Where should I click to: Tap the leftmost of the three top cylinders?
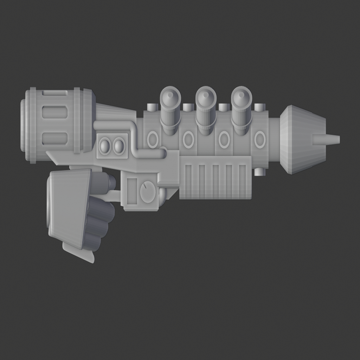tap(171, 109)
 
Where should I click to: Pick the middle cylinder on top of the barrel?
tap(206, 109)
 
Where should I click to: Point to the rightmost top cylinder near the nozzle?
tap(242, 109)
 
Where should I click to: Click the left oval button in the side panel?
tap(105, 146)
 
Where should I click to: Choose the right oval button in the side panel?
tap(119, 146)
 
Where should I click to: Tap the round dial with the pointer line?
tap(148, 192)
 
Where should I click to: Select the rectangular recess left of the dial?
tap(132, 191)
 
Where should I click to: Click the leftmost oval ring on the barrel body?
tap(153, 140)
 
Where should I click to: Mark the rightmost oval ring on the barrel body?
tap(259, 140)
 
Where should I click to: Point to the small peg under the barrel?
tap(259, 172)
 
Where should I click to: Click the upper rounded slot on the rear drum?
tap(54, 112)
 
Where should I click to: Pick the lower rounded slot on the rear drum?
tap(54, 139)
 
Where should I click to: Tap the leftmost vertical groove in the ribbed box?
tap(188, 181)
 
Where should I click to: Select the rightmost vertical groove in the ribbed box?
tap(243, 181)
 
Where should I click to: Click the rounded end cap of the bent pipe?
tap(163, 153)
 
